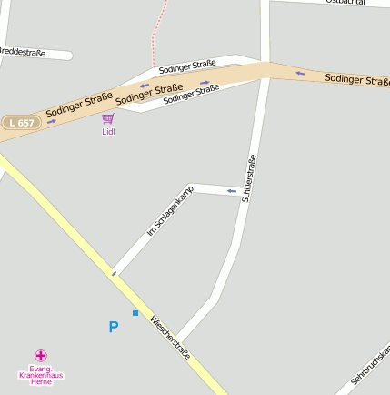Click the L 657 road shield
pyautogui.click(x=22, y=122)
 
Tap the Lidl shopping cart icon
pyautogui.click(x=108, y=118)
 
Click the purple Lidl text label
pyautogui.click(x=108, y=131)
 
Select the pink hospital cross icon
pyautogui.click(x=41, y=355)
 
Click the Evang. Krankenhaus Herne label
pyautogui.click(x=41, y=375)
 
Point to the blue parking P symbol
pyautogui.click(x=114, y=327)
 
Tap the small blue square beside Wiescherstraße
pyautogui.click(x=135, y=313)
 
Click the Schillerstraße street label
pyautogui.click(x=247, y=177)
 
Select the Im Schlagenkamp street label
pyautogui.click(x=171, y=210)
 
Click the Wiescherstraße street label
pyautogui.click(x=170, y=337)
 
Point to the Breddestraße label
pyautogui.click(x=23, y=53)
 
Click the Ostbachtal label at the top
pyautogui.click(x=345, y=3)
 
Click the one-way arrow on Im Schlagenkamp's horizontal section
pyautogui.click(x=232, y=191)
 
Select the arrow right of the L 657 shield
pyautogui.click(x=52, y=121)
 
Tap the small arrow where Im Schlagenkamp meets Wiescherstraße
pyautogui.click(x=114, y=272)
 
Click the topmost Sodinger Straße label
pyautogui.click(x=187, y=65)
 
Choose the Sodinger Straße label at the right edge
pyautogui.click(x=357, y=80)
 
